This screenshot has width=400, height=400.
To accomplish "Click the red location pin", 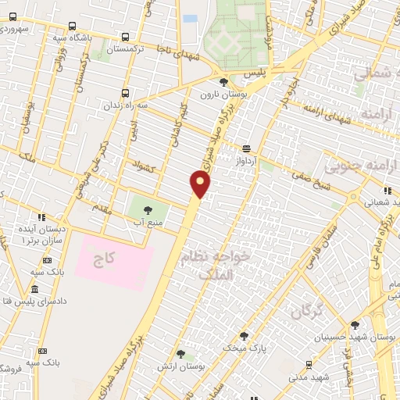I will click(201, 184).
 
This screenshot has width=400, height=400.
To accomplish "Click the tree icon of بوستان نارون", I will click(224, 81).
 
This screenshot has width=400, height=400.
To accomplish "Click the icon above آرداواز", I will click(247, 148).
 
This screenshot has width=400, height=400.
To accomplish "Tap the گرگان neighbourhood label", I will click(307, 312).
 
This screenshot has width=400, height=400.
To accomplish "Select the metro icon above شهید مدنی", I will click(309, 364).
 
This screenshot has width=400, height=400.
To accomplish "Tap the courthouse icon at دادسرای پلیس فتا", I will click(6, 301).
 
